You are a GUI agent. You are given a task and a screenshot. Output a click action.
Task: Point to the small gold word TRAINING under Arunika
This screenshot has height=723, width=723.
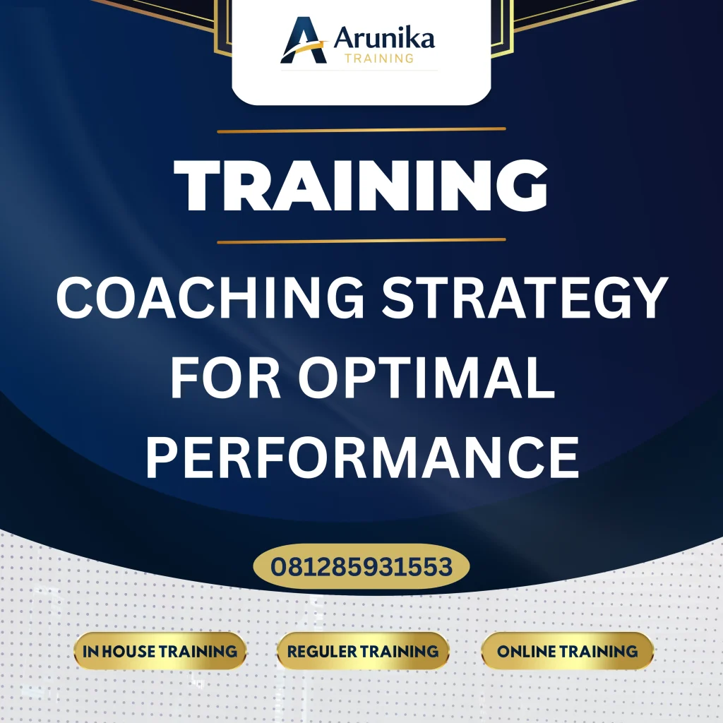click(379, 58)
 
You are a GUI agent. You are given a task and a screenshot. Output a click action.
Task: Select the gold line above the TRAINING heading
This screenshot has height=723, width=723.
click(361, 130)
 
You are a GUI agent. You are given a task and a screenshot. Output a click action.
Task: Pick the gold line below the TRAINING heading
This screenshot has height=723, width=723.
click(361, 241)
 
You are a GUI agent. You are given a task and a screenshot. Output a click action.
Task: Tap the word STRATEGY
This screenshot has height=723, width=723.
click(525, 299)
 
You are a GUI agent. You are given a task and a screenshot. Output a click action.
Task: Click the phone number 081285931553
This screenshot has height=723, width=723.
click(361, 566)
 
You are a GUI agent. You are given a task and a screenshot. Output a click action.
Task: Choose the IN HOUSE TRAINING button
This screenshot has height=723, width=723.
click(160, 651)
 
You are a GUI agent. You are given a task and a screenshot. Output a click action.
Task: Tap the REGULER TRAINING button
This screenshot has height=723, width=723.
click(363, 651)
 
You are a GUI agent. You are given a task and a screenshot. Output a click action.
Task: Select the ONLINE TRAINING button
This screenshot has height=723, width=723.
click(567, 651)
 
